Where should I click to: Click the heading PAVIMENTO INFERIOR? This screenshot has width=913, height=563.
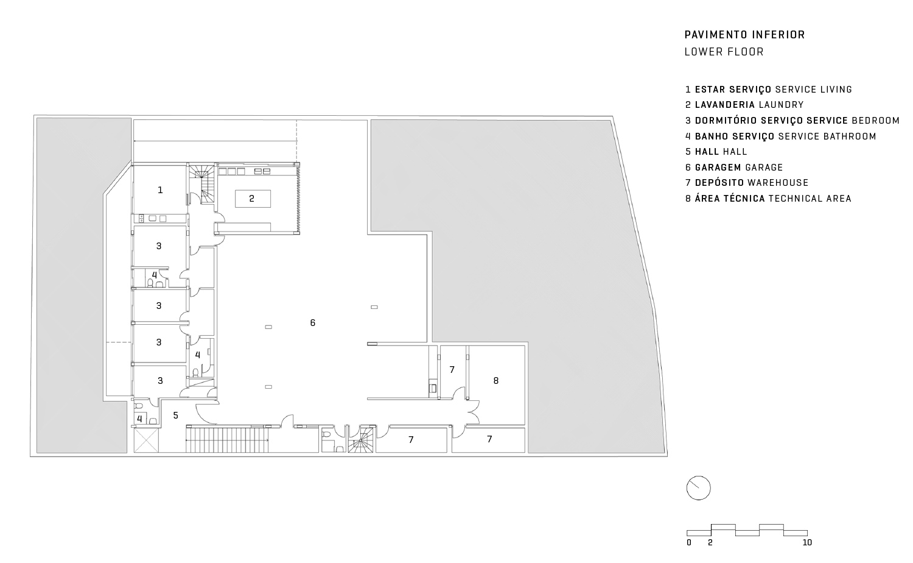[x=744, y=35]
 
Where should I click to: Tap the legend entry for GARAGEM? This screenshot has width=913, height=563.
[x=734, y=167]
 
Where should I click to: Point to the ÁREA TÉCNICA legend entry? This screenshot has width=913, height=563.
[x=768, y=198]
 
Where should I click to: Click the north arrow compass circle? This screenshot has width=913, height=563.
[x=699, y=488]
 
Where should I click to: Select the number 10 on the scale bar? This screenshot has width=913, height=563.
[x=807, y=542]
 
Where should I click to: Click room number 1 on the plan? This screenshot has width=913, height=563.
[x=160, y=190]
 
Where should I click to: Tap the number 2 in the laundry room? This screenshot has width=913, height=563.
[x=251, y=198]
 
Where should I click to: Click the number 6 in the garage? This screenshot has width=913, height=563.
[x=313, y=322]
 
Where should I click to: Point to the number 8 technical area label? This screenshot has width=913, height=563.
[x=496, y=380]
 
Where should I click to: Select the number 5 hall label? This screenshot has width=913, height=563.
[x=176, y=416]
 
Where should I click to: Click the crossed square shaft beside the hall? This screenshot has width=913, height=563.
[x=147, y=440]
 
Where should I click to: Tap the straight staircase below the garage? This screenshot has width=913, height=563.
[x=226, y=439]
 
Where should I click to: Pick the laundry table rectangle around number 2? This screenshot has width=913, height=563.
[x=251, y=198]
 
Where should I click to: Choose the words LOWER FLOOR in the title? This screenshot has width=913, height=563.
[x=724, y=52]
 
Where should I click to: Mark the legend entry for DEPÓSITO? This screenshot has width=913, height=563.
[x=747, y=182]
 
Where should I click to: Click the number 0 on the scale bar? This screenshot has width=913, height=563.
[x=689, y=542]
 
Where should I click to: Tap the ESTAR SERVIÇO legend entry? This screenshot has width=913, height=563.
[x=768, y=90]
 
